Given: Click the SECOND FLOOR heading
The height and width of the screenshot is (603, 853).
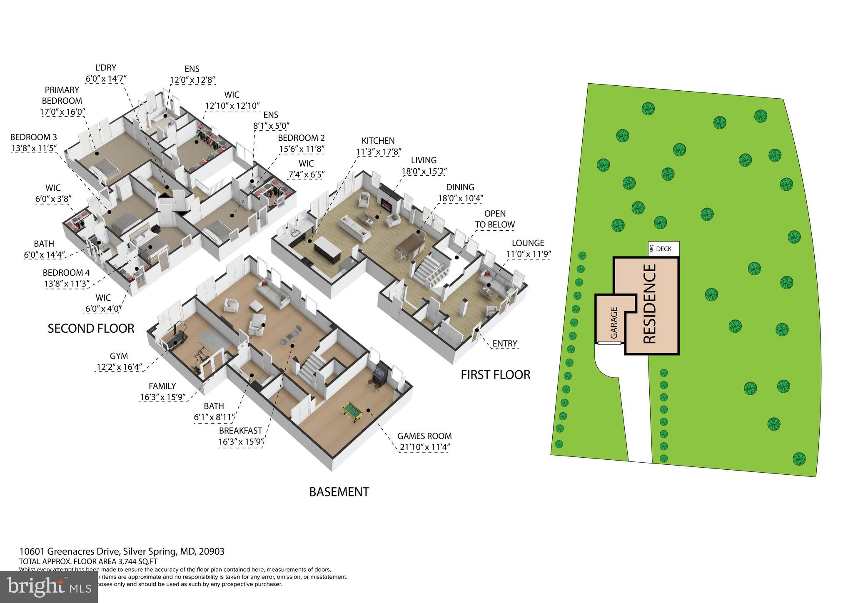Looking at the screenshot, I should pos(91,329).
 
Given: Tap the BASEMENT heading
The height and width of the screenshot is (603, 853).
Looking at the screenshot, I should pos(339,492).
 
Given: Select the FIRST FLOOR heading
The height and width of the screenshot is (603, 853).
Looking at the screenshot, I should pos(495,375).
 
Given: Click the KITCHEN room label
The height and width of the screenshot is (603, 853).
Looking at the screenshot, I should pos(378,141).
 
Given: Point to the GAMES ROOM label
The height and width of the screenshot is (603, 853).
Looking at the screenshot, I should pos(424,436).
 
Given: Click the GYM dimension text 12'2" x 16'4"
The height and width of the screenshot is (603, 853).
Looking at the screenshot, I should pos(119,367).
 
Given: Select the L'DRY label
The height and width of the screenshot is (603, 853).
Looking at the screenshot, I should pos(106,67).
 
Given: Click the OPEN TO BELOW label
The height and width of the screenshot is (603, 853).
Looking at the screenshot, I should pos(495,219).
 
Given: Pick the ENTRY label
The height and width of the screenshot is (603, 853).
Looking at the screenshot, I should pos(504,344).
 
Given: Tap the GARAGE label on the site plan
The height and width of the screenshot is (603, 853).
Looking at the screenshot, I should pos(613,323).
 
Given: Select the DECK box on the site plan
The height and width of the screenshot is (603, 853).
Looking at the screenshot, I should pos(664,249).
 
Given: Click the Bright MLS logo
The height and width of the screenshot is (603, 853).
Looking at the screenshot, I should pos(49,587).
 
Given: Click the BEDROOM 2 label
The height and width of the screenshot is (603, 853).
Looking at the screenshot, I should pos(301,138).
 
